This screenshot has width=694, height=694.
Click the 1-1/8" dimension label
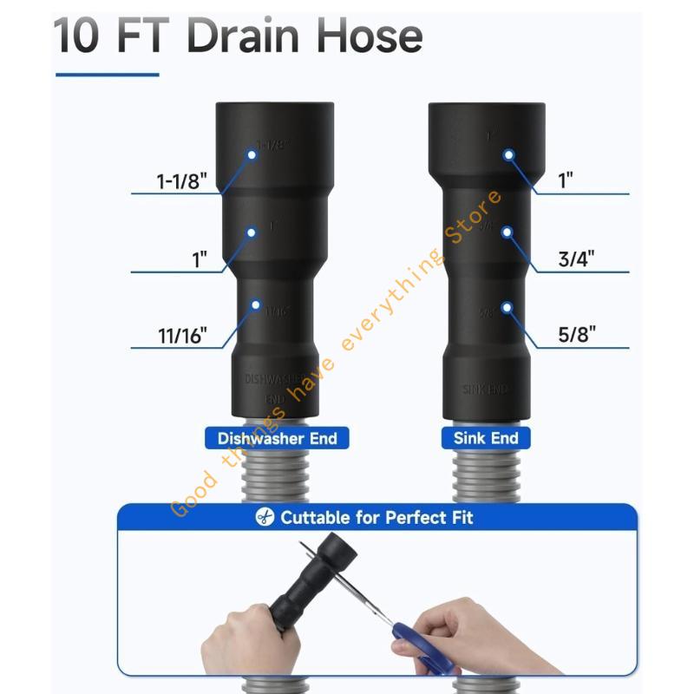181,181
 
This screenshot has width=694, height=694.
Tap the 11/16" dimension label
181,336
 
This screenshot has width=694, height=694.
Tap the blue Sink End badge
486,438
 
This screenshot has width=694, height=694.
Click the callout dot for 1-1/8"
252,154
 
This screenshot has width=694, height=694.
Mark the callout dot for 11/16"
255,304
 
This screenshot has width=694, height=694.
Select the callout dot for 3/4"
509,232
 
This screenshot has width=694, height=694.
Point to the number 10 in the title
75,36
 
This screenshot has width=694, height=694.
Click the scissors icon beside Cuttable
263,518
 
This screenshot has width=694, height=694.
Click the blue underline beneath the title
107,75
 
